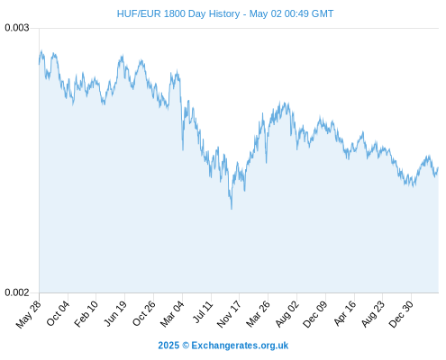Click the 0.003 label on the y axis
coord(17,28)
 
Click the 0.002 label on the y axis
coord(17,292)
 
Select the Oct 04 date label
coord(58,313)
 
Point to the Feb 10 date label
coord(86,313)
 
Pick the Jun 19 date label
coord(114,313)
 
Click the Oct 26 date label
coord(144,313)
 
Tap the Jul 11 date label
coord(203,312)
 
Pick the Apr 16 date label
coord(344,313)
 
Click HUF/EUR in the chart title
coord(139,13)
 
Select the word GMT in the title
coord(322,13)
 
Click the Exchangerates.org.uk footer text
coord(240,346)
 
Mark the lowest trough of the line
coord(232,209)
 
